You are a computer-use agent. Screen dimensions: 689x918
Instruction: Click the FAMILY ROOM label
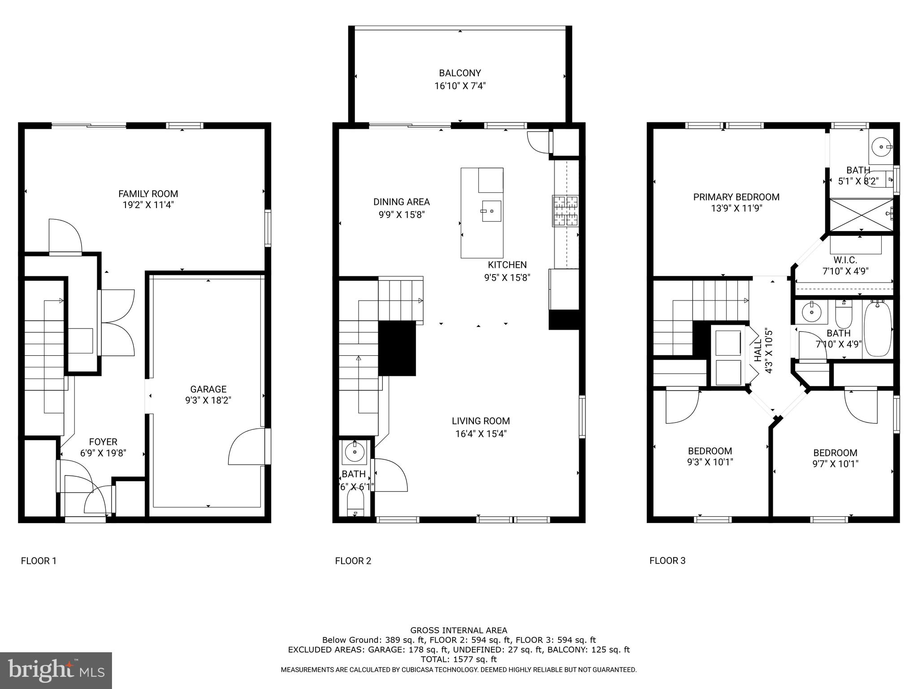[x=148, y=194]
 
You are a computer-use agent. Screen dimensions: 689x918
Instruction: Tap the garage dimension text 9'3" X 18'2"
[x=208, y=400]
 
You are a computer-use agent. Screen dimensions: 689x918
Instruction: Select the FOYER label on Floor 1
[x=103, y=442]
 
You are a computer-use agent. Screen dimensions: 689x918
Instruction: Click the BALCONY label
[x=460, y=73]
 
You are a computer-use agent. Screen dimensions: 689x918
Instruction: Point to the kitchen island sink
[x=491, y=211]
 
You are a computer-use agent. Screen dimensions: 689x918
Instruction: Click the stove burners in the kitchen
[x=565, y=210]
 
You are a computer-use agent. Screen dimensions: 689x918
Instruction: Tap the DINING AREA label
[x=401, y=202]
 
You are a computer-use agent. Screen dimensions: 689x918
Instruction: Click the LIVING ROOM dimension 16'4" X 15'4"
[x=481, y=434]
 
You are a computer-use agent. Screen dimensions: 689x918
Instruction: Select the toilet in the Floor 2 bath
[x=355, y=505]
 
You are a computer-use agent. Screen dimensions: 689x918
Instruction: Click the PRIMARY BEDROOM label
[x=736, y=197]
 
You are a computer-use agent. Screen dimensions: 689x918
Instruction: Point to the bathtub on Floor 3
[x=877, y=329]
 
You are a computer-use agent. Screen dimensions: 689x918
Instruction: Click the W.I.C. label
[x=845, y=260]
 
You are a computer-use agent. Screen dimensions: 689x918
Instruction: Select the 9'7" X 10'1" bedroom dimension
[x=835, y=464]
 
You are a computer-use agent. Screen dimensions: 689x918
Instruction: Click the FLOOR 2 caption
[x=353, y=561]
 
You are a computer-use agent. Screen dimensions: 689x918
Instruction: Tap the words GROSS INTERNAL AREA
[x=459, y=630]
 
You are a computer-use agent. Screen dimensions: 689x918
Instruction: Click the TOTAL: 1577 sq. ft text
[x=459, y=659]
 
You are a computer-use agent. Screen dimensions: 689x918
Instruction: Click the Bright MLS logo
[x=56, y=671]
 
